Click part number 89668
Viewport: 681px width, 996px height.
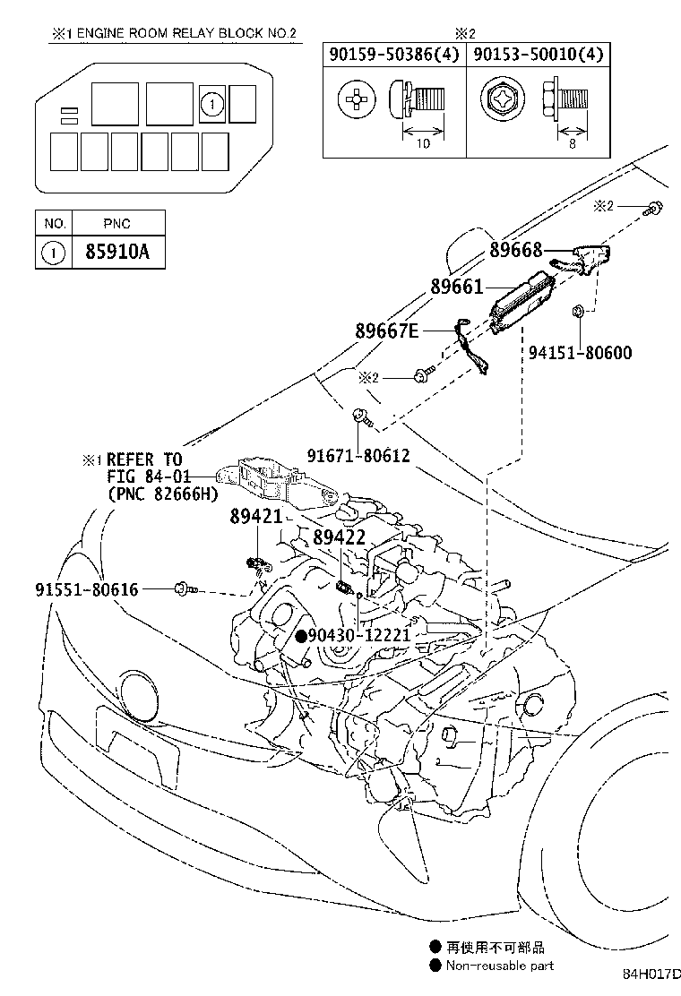[x=516, y=251]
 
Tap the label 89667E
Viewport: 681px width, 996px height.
[x=387, y=331]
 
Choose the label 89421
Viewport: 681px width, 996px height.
[x=255, y=517]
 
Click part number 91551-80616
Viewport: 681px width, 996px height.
[x=87, y=588]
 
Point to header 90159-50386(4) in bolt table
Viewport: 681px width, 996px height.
[x=394, y=55]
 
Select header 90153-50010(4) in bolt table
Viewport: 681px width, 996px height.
[x=537, y=55]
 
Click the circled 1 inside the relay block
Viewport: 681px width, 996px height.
[x=211, y=105]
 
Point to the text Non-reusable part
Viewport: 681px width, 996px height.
[x=500, y=966]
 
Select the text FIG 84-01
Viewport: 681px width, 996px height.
[x=143, y=476]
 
